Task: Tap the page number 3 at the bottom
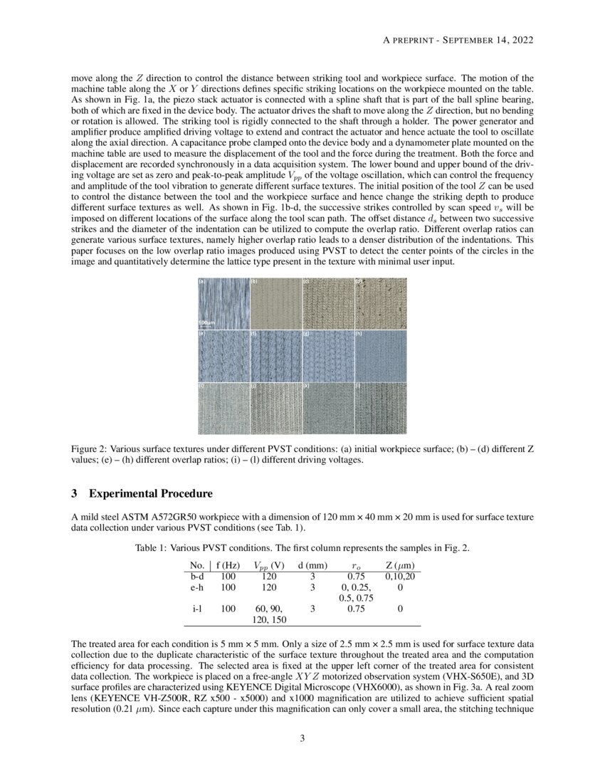(x=302, y=738)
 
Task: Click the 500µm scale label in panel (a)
(x=206, y=322)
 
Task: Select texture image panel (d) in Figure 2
(x=381, y=303)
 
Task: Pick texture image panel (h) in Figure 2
(x=381, y=355)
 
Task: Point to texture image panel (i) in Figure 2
(x=223, y=408)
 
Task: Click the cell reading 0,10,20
(x=400, y=576)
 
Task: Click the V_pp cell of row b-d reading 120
(x=269, y=576)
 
